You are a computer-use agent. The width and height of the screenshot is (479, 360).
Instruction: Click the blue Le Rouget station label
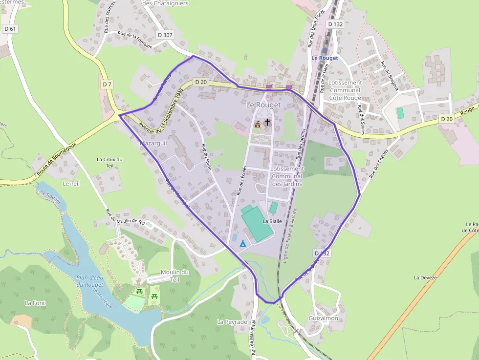click(x=325, y=58)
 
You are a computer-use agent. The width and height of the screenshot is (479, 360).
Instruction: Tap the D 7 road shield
click(x=107, y=85)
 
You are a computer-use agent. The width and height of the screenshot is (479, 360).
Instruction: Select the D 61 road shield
click(x=10, y=29)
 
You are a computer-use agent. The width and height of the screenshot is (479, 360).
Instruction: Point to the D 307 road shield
click(x=165, y=35)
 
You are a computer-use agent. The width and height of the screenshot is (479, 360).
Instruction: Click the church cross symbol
click(x=267, y=122)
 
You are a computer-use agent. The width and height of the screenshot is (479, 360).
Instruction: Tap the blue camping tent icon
click(x=242, y=243)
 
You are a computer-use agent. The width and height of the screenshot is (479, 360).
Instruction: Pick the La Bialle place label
click(x=273, y=221)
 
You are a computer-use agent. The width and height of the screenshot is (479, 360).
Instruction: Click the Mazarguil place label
click(x=153, y=144)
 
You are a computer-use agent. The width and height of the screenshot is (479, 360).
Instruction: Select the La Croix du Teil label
click(x=109, y=162)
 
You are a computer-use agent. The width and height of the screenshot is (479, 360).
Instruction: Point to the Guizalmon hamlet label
click(x=323, y=318)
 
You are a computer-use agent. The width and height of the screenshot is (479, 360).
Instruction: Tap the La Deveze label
click(x=425, y=277)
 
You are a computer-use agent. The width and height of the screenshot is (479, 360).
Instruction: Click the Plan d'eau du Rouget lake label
click(x=90, y=281)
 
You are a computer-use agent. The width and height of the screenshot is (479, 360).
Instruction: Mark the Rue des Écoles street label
click(x=241, y=181)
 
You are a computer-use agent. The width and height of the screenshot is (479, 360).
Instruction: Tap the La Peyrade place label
click(x=232, y=322)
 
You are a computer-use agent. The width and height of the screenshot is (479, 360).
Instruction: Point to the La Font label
click(x=35, y=303)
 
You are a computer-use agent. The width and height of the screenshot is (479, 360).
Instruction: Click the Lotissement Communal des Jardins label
click(x=287, y=176)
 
